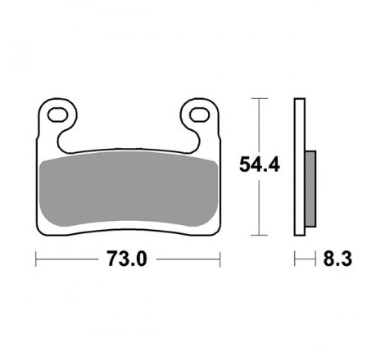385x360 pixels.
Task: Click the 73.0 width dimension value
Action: point(127,259)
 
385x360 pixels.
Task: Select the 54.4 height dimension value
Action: point(260,164)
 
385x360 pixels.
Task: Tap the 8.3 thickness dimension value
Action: point(337,259)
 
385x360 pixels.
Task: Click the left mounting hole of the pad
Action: point(57,115)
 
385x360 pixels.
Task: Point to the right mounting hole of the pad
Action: point(200,115)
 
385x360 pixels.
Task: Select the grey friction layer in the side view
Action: point(310,189)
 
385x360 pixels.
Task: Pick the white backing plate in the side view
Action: point(300,167)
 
